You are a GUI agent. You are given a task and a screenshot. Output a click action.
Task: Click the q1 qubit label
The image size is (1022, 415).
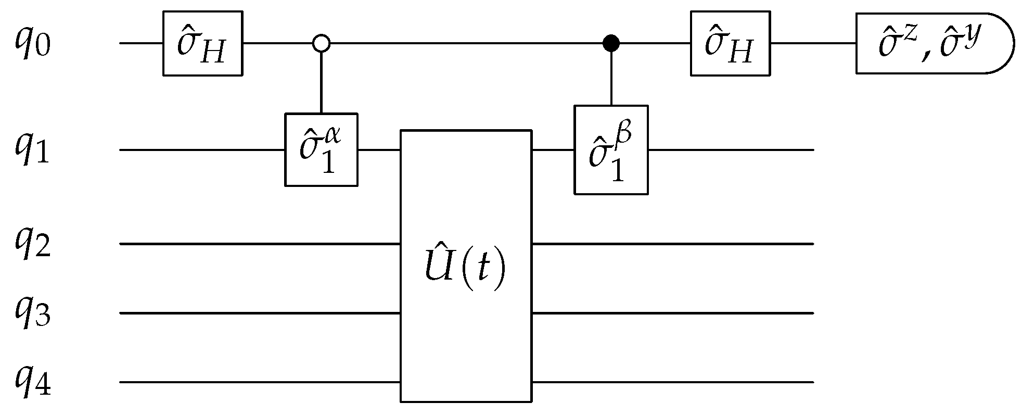point(32,150)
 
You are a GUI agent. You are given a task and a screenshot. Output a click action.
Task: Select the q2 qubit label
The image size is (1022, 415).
point(32,244)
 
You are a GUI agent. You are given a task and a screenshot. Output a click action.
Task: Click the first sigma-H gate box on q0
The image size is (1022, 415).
point(202,44)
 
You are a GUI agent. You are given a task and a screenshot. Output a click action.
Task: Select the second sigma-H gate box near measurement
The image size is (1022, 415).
point(730,44)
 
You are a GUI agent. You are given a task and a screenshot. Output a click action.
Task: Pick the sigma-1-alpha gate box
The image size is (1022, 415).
point(321,150)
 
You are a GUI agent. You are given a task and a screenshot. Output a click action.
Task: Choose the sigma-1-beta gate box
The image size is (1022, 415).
point(611,150)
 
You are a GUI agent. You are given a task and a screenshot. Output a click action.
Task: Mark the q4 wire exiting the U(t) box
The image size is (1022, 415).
point(671,383)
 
